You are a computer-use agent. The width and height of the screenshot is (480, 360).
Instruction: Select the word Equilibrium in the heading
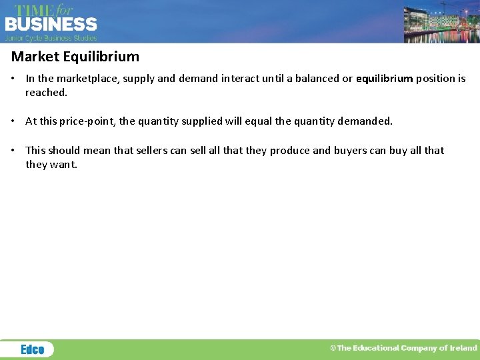click(100, 57)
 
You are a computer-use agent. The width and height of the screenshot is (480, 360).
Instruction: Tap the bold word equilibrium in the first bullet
click(385, 79)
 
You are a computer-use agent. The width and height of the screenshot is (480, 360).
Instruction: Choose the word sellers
click(152, 151)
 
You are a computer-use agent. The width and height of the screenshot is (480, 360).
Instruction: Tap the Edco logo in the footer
click(32, 349)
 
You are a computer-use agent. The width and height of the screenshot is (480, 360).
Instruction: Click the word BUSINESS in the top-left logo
click(51, 25)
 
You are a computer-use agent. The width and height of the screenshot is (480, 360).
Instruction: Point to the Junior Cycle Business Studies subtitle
click(51, 39)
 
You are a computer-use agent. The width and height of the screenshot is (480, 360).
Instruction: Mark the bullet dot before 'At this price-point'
click(14, 121)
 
